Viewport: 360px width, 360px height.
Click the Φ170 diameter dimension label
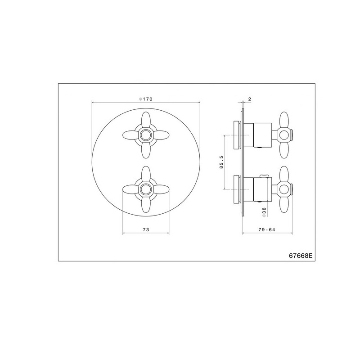coord(146,99)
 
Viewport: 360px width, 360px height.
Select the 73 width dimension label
coord(146,229)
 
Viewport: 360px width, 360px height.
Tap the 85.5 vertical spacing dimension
coord(221,162)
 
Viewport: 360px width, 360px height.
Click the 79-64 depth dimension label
coord(267,229)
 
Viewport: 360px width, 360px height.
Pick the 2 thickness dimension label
coord(250,99)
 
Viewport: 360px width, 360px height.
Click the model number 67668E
coord(301,256)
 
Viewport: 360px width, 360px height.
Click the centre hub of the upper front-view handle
coord(145,135)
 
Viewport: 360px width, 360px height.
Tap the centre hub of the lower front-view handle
coord(145,189)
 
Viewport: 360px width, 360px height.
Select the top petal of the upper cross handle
coord(145,119)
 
